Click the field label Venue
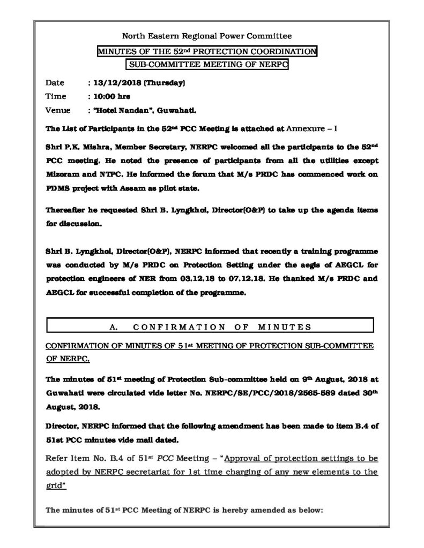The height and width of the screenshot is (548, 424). pos(57,111)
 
